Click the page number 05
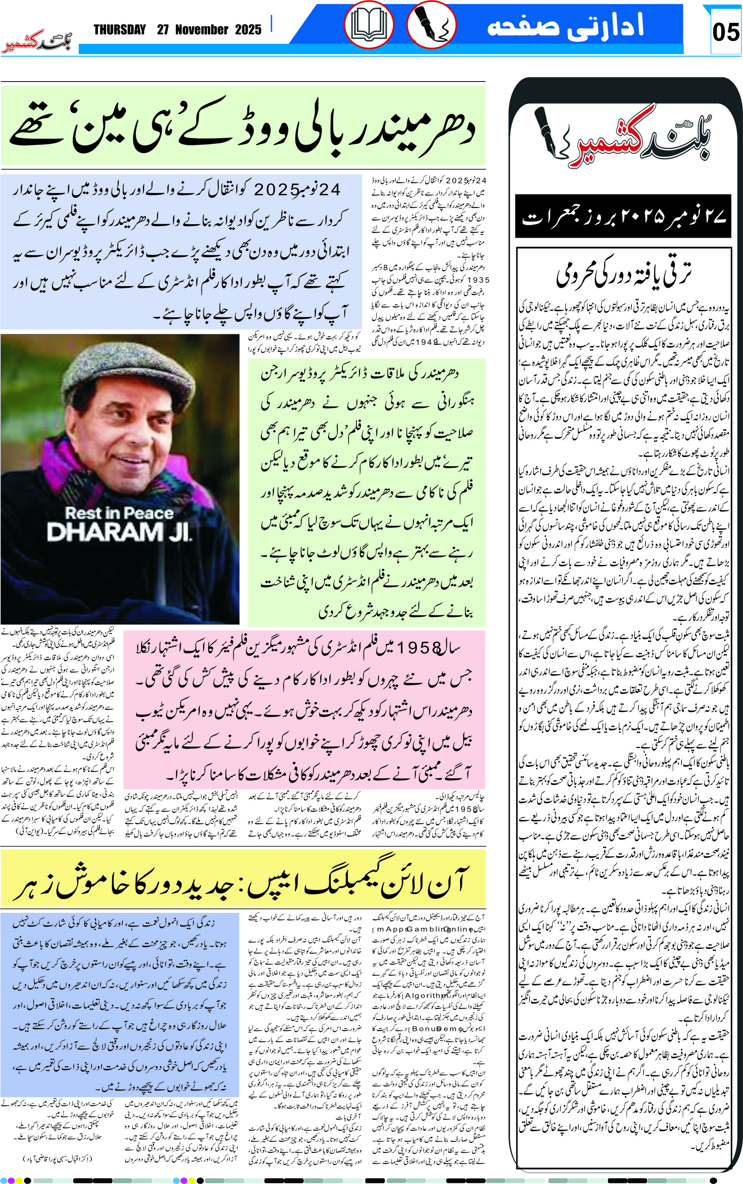[x=725, y=32]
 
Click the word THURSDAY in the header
[x=120, y=30]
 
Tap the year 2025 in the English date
[x=248, y=30]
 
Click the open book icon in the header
[x=369, y=24]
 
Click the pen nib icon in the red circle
[x=431, y=24]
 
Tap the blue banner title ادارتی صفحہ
[x=565, y=26]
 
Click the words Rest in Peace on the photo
[x=120, y=513]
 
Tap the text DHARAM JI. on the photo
[x=120, y=532]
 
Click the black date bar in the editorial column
[x=623, y=217]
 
